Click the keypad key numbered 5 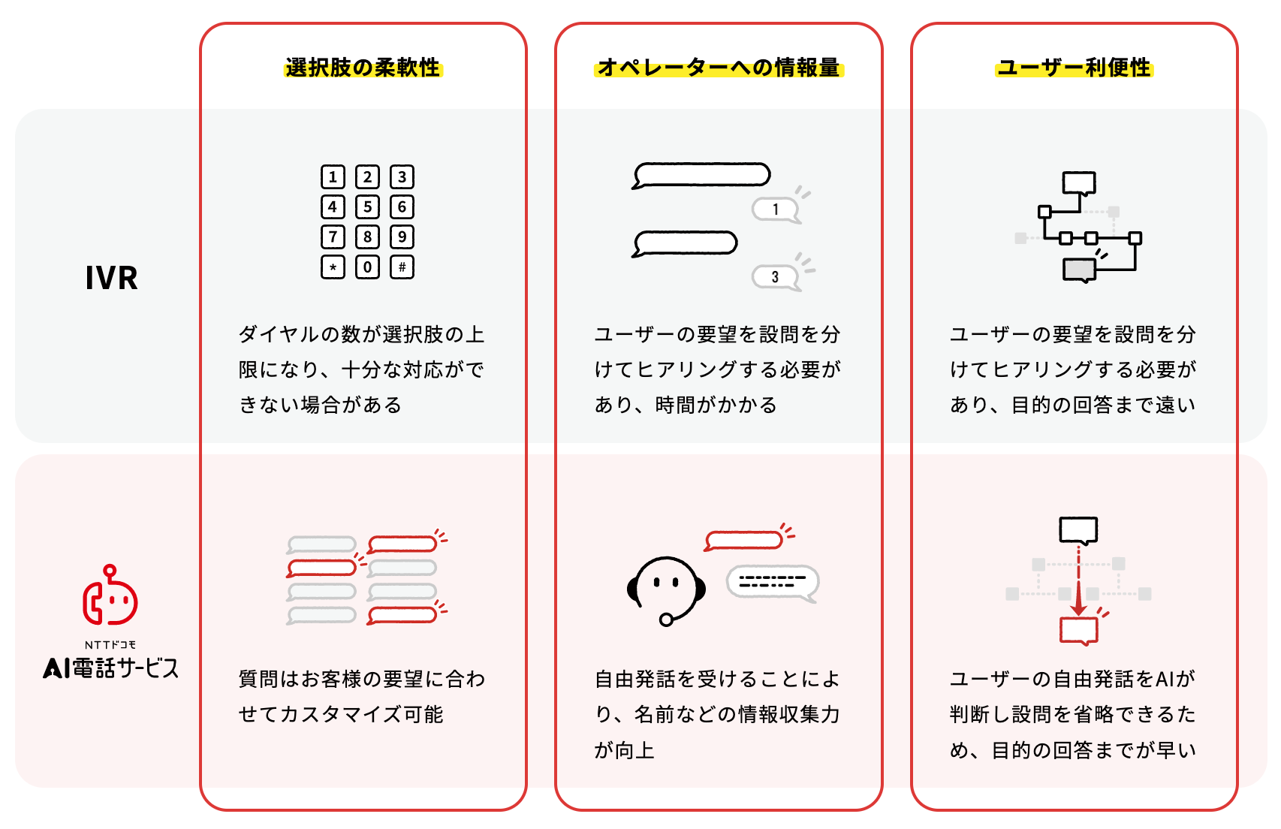367,207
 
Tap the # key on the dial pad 402,267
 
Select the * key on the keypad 333,267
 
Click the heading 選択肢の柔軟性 363,68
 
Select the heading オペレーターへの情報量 719,68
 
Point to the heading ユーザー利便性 1074,68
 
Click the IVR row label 112,279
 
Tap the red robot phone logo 110,595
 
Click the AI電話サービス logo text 110,668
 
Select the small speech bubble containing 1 776,210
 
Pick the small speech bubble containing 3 776,277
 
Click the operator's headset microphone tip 666,619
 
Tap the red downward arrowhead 1078,607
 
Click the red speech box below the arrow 1079,632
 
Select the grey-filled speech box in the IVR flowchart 1080,270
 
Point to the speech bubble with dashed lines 773,583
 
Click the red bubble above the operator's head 744,541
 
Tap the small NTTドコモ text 110,645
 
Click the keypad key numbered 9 402,237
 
